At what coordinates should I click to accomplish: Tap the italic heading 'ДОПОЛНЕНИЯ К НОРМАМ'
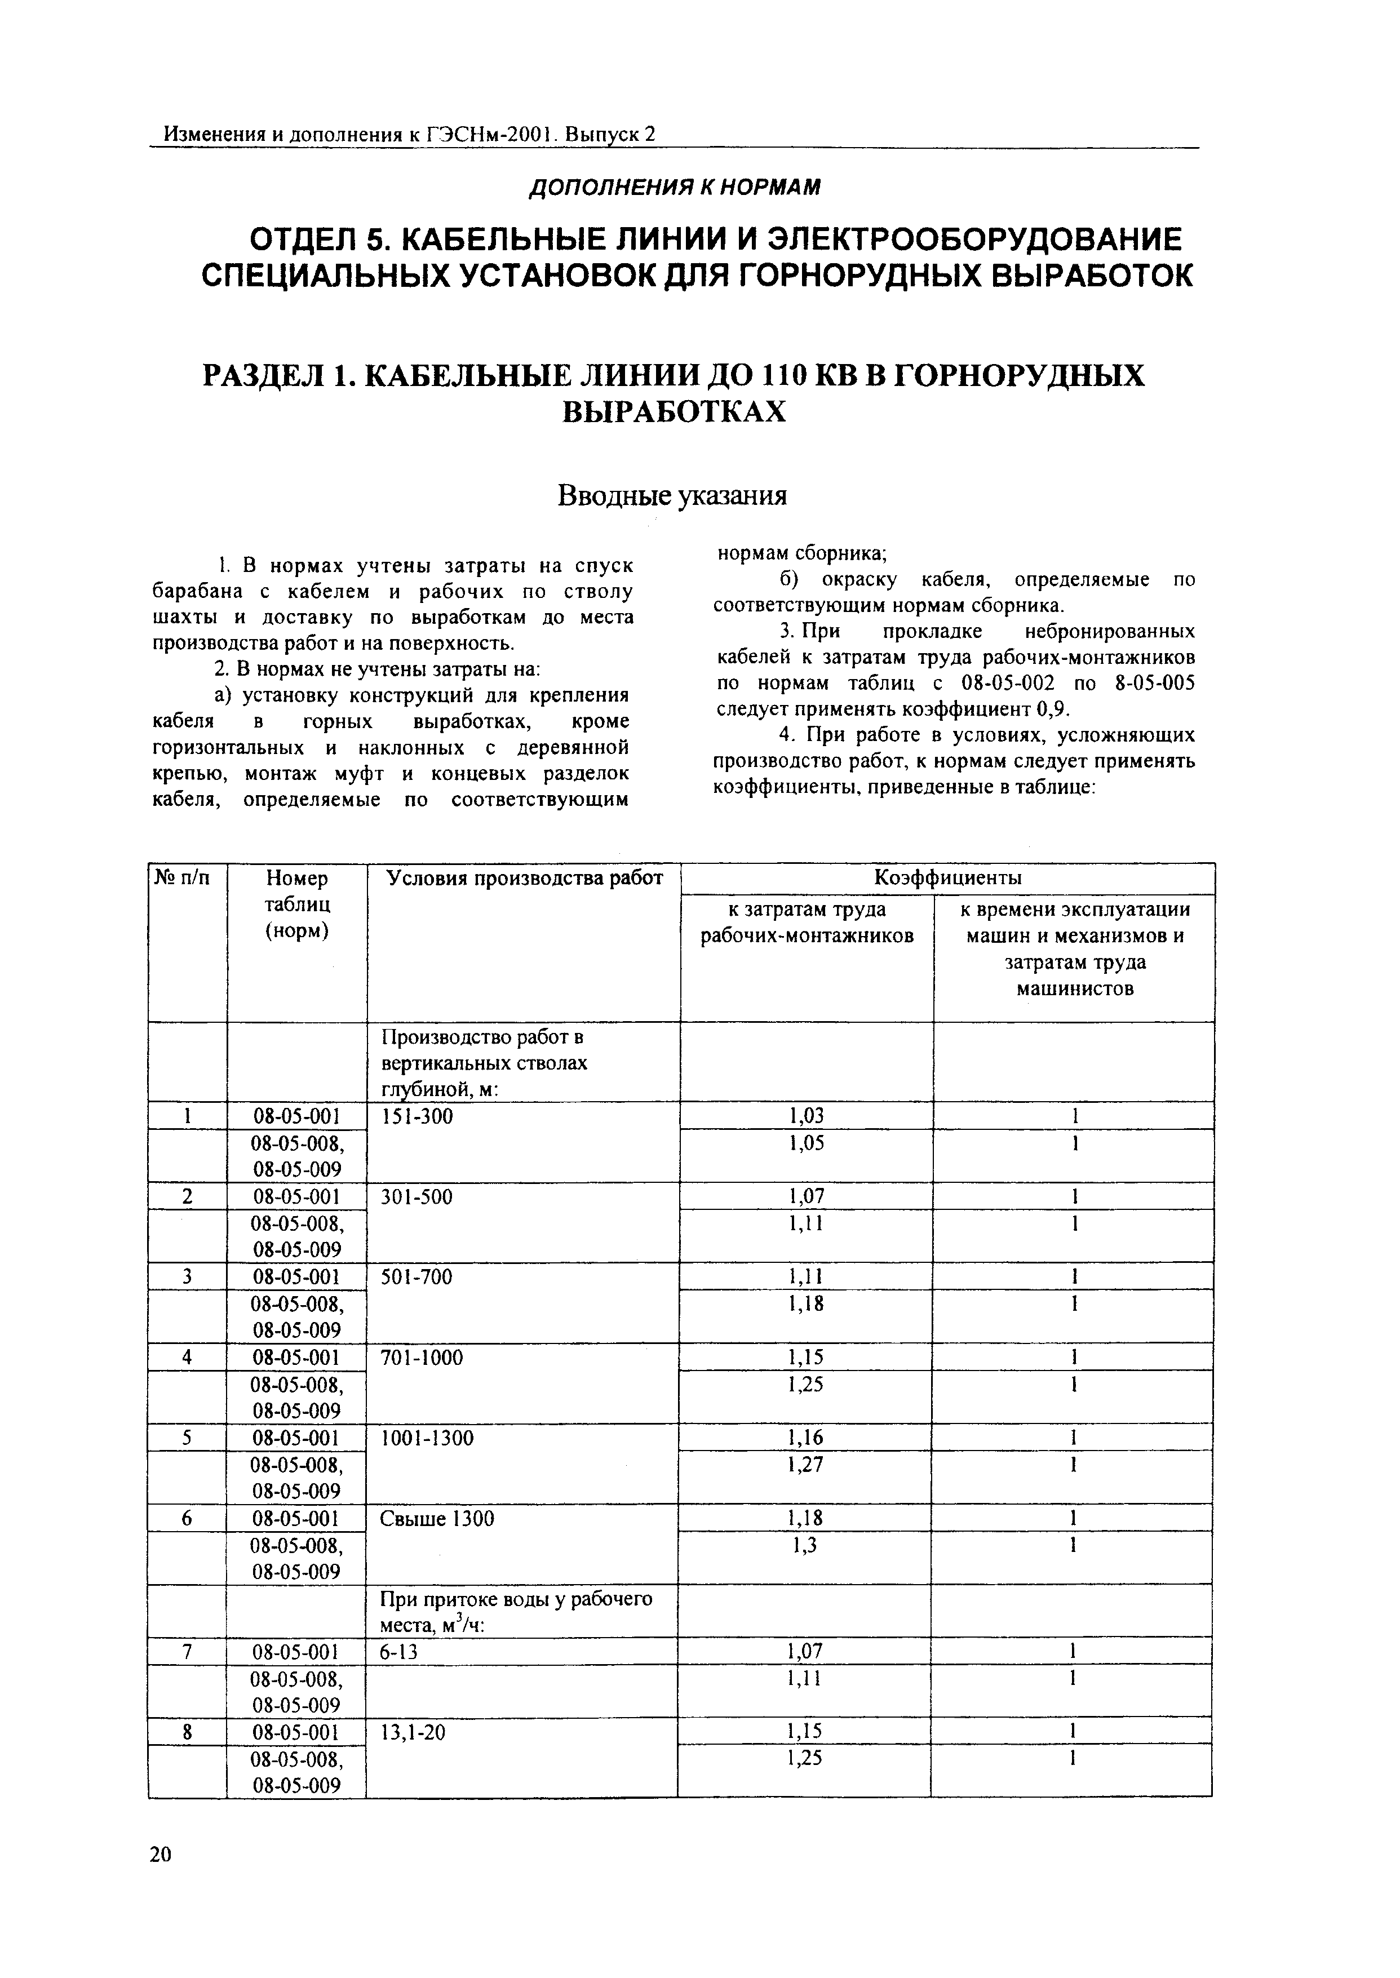pos(674,186)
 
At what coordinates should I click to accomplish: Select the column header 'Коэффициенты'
pos(947,878)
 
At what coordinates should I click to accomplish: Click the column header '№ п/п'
pos(182,878)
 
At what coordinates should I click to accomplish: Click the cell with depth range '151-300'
pos(417,1116)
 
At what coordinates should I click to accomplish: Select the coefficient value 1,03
pos(806,1116)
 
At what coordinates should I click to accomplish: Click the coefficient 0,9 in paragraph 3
pos(1051,709)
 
